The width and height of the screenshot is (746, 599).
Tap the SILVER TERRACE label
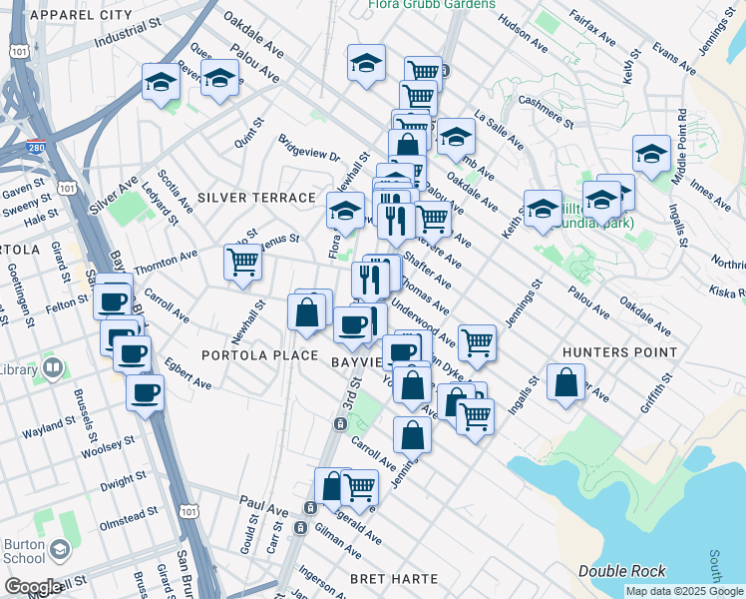(x=256, y=199)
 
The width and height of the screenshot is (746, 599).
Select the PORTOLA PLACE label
(x=259, y=355)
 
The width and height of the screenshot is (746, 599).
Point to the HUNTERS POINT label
(x=619, y=352)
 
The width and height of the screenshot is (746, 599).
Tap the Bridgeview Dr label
(x=309, y=150)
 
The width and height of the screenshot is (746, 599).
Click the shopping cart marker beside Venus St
(x=243, y=263)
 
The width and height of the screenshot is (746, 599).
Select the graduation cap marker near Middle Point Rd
(x=651, y=154)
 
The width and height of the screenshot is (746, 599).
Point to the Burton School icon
(x=60, y=550)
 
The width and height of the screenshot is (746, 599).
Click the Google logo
(x=32, y=587)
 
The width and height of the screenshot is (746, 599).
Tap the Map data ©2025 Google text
(x=683, y=591)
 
